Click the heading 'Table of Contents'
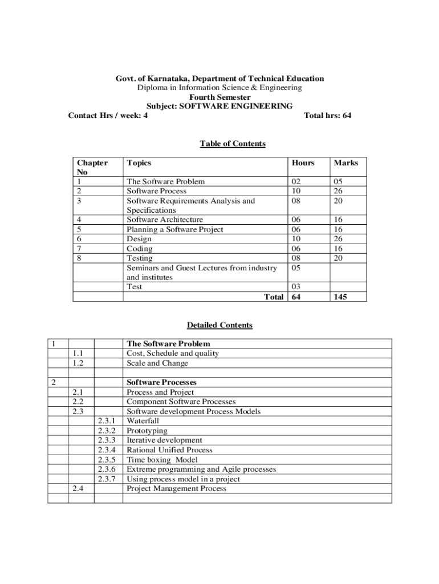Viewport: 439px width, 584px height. click(233, 144)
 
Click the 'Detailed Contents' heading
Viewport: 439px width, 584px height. click(219, 326)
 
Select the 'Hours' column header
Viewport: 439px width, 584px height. click(303, 163)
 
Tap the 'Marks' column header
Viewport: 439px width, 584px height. click(346, 163)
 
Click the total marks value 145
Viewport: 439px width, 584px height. click(342, 297)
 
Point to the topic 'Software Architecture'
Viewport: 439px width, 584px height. click(165, 220)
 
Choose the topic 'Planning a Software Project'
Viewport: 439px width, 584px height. click(175, 229)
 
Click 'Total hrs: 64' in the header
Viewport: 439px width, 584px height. click(328, 116)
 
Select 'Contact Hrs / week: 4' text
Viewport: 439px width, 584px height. click(108, 116)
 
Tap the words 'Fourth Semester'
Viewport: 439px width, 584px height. click(219, 98)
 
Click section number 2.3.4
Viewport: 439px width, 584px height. click(107, 450)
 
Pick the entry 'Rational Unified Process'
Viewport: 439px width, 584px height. click(169, 450)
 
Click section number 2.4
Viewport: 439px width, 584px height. click(79, 489)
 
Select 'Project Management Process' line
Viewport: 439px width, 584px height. click(176, 489)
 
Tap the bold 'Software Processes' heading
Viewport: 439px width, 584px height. click(161, 382)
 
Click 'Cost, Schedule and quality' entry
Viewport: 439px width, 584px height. click(172, 354)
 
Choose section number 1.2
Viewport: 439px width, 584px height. click(79, 363)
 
